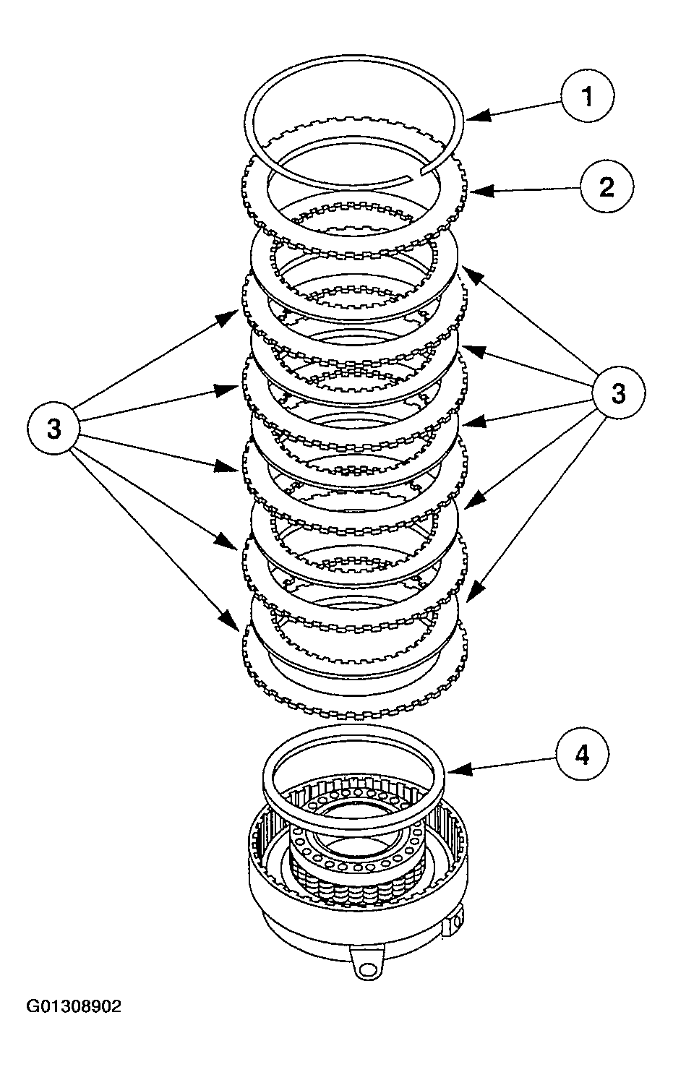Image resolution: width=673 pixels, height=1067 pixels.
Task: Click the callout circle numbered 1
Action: coord(587,96)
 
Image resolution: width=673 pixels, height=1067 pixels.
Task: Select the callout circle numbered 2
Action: coord(606,187)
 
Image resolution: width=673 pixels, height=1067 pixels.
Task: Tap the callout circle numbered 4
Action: coord(582,755)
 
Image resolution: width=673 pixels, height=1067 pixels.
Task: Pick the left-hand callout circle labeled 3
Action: coord(54,428)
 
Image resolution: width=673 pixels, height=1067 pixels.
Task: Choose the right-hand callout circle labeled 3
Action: coord(618,393)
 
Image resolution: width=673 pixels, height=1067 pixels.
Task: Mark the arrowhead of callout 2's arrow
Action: coord(475,192)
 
